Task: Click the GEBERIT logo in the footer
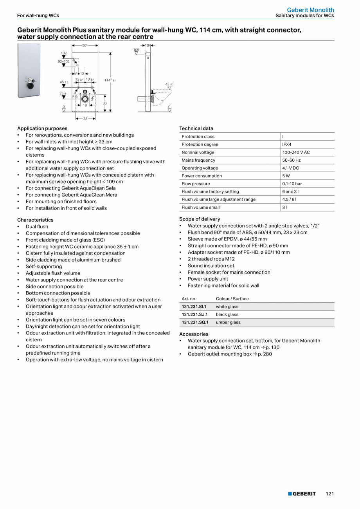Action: click(x=302, y=494)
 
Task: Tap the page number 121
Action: click(x=330, y=494)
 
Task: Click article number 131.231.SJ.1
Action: click(x=194, y=314)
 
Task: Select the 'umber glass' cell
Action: click(x=228, y=322)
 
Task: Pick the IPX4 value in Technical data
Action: click(x=287, y=144)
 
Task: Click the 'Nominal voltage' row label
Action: click(x=198, y=152)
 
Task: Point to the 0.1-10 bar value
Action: click(x=292, y=184)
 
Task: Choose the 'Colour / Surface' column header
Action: click(x=232, y=299)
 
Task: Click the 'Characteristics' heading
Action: click(x=35, y=220)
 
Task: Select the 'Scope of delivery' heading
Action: click(x=200, y=219)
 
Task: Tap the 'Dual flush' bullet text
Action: click(x=37, y=227)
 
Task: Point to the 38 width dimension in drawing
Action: click(x=85, y=119)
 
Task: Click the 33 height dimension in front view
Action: click(x=104, y=103)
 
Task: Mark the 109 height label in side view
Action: click(x=136, y=50)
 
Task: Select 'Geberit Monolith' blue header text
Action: click(x=310, y=10)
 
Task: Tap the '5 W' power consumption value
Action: click(x=286, y=176)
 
